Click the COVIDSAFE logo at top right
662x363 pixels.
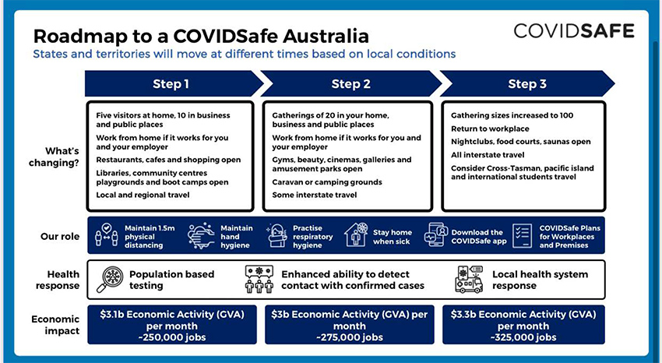574,31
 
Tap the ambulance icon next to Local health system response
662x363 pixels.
469,280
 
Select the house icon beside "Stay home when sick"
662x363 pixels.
356,236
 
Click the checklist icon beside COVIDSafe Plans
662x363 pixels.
523,236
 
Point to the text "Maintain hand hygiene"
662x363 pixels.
237,236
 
